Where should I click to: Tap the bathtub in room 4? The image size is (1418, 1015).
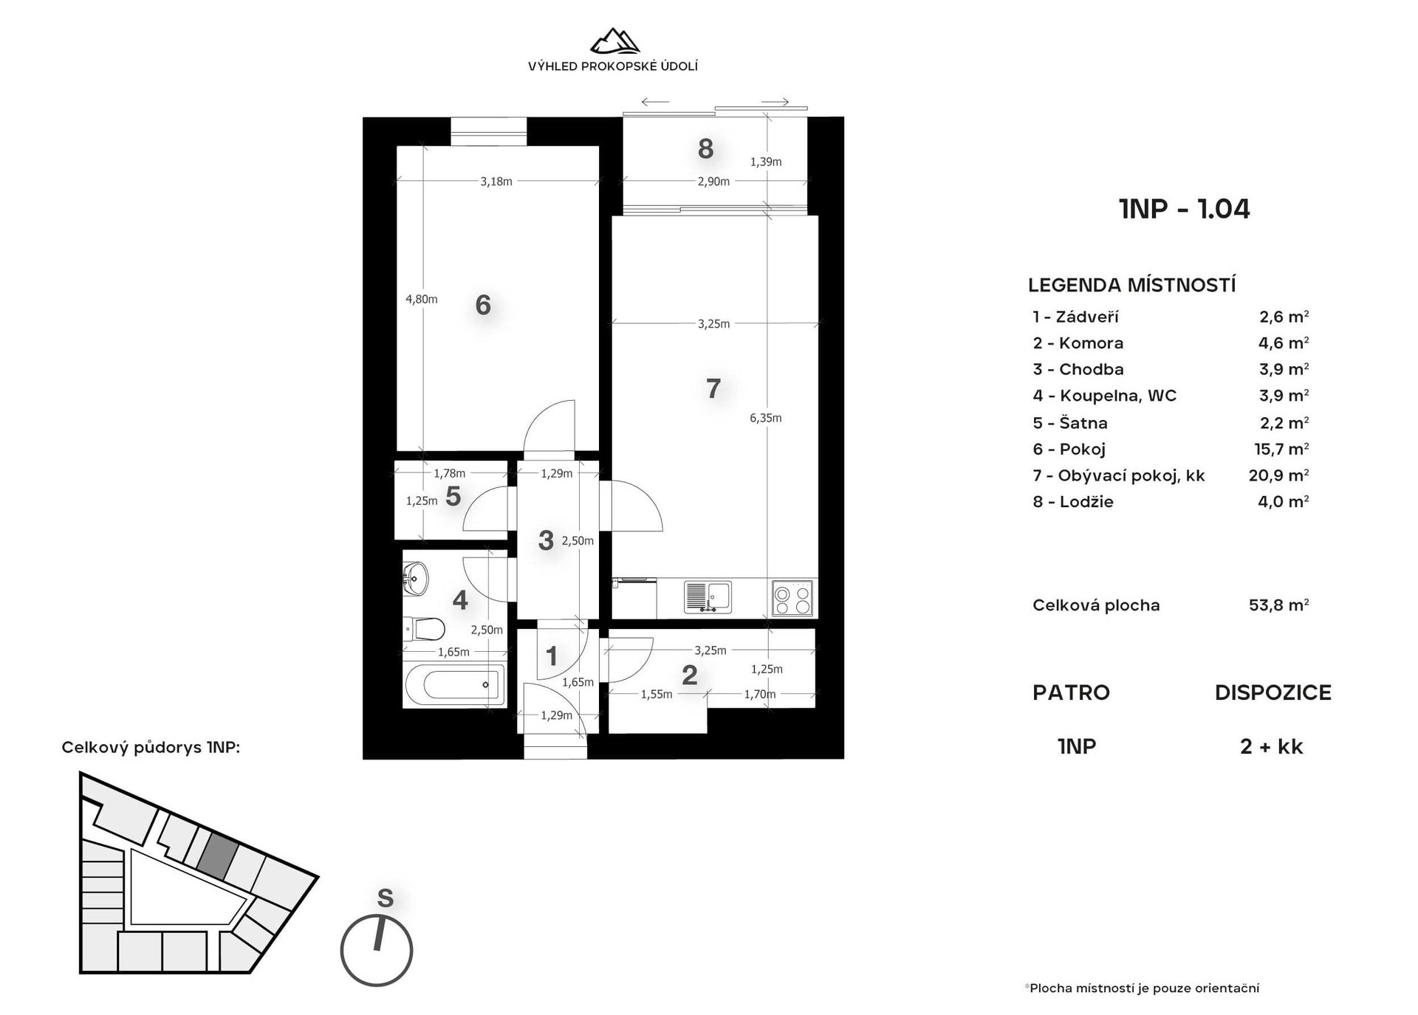click(x=455, y=684)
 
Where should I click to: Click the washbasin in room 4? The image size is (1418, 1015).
click(x=415, y=578)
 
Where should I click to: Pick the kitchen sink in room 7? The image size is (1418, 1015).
click(x=708, y=597)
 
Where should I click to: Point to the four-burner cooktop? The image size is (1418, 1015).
click(x=792, y=598)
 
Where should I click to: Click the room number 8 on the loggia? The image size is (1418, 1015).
click(x=705, y=148)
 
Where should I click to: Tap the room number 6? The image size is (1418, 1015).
click(x=483, y=304)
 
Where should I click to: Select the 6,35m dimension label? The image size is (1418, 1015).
click(x=765, y=418)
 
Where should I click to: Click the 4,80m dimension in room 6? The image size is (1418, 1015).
click(x=421, y=299)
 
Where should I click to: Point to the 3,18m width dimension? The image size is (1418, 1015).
click(x=496, y=182)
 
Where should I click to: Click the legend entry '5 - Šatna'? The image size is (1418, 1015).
click(x=1070, y=423)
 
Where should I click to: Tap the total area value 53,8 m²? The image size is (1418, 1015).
click(x=1278, y=605)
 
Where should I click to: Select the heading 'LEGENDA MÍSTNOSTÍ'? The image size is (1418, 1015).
click(x=1132, y=285)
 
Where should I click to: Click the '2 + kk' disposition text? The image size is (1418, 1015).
click(x=1272, y=746)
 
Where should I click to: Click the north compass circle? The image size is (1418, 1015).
click(x=377, y=951)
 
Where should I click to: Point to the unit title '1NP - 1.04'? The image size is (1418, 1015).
click(x=1185, y=209)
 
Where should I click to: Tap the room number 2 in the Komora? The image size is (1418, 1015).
click(x=689, y=675)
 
